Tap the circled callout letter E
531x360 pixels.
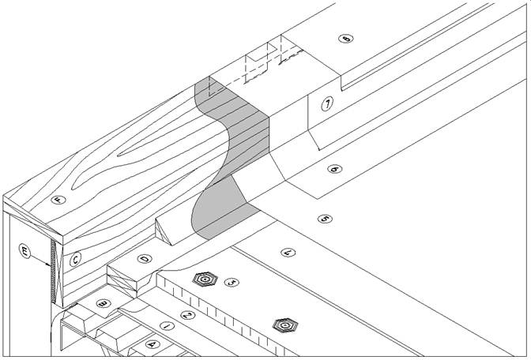[x=25, y=253]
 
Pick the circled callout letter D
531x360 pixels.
[x=145, y=257]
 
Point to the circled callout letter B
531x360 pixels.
[x=102, y=303]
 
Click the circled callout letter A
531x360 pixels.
[x=153, y=344]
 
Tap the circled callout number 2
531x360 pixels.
[x=188, y=315]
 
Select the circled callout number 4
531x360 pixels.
[x=288, y=252]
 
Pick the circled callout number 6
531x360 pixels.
[x=333, y=169]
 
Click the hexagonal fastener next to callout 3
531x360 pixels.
[x=205, y=279]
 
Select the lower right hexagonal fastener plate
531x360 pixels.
[x=282, y=324]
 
